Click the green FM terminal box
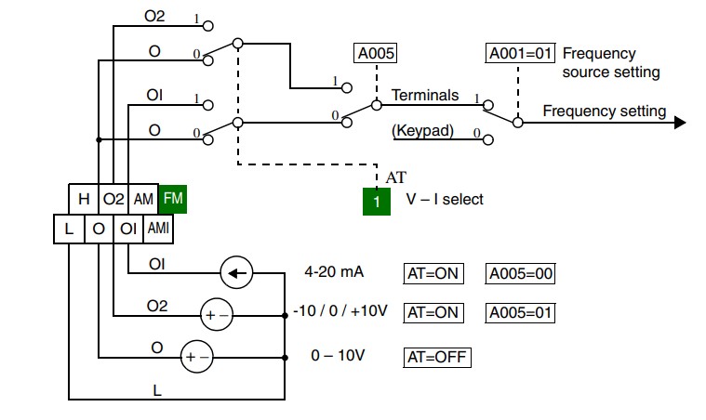tap(173, 199)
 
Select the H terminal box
tap(84, 199)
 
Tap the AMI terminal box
tap(158, 229)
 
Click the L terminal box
tap(69, 229)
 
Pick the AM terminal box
tap(143, 199)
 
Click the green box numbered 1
tap(377, 202)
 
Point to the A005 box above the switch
tap(376, 54)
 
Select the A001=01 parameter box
tap(520, 53)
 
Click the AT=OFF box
tap(437, 358)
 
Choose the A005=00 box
tap(520, 273)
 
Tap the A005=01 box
tap(520, 312)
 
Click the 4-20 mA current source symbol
tap(236, 272)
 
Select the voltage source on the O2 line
tap(217, 314)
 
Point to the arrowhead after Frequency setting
tap(680, 123)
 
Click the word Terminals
tap(424, 96)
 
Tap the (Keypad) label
tap(422, 131)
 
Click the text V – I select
tap(445, 199)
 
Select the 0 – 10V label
tap(338, 356)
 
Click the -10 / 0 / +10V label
tap(340, 310)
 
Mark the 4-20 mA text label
tap(334, 272)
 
